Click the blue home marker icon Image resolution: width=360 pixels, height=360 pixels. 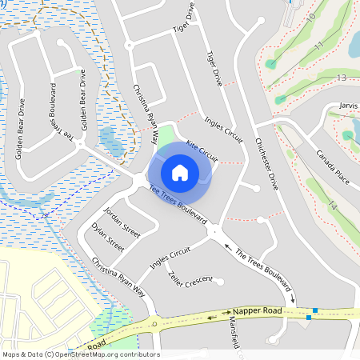[180, 172]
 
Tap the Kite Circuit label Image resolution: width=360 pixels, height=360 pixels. [202, 149]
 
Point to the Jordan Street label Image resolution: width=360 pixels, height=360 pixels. [122, 223]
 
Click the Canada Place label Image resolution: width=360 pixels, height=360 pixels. [334, 165]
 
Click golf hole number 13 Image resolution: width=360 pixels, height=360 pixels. [342, 78]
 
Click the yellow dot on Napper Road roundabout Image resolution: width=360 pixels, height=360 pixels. [153, 324]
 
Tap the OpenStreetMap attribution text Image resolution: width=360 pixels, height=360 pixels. [81, 354]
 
